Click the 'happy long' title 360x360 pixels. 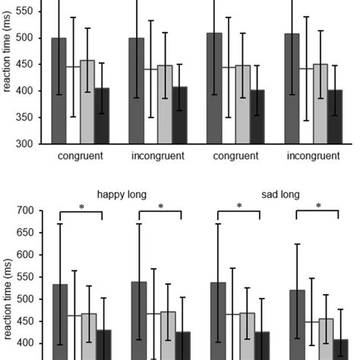pos(115,194)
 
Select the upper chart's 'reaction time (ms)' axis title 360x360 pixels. pos(8,72)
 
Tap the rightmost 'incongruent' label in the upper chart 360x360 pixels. pos(312,157)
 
